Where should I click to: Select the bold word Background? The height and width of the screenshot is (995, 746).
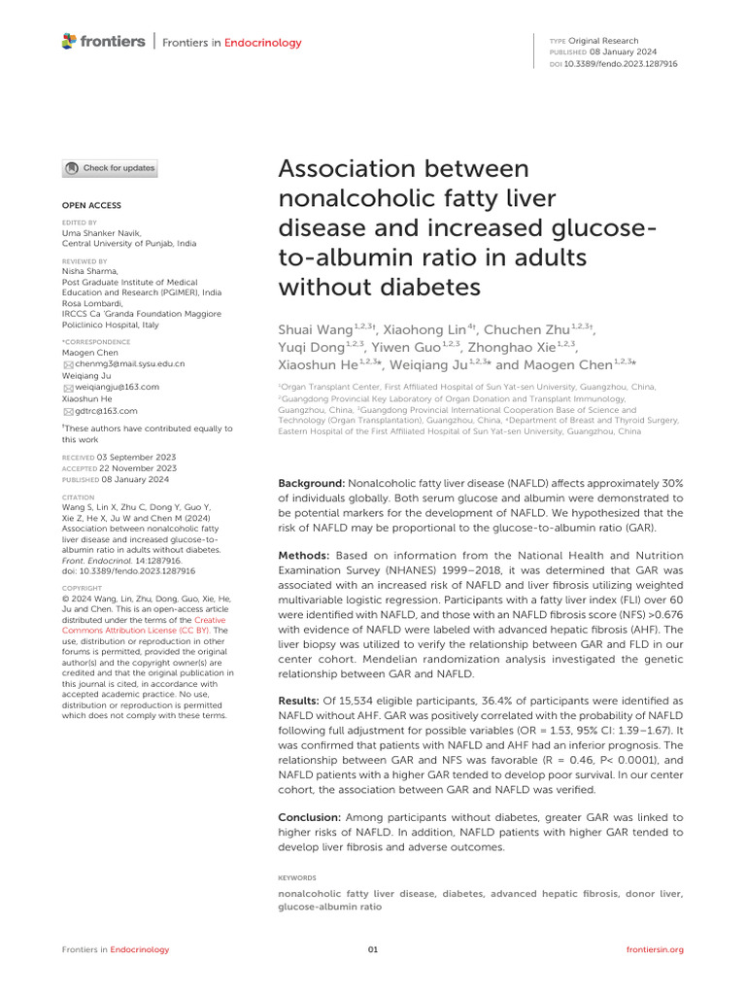[311, 483]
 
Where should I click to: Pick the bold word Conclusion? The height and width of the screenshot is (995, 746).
[310, 818]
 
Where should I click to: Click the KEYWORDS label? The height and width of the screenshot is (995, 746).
[296, 877]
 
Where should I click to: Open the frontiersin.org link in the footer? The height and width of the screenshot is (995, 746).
[656, 949]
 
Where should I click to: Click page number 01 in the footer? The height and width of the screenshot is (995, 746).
[372, 949]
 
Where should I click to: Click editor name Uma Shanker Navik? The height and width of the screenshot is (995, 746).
[102, 234]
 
